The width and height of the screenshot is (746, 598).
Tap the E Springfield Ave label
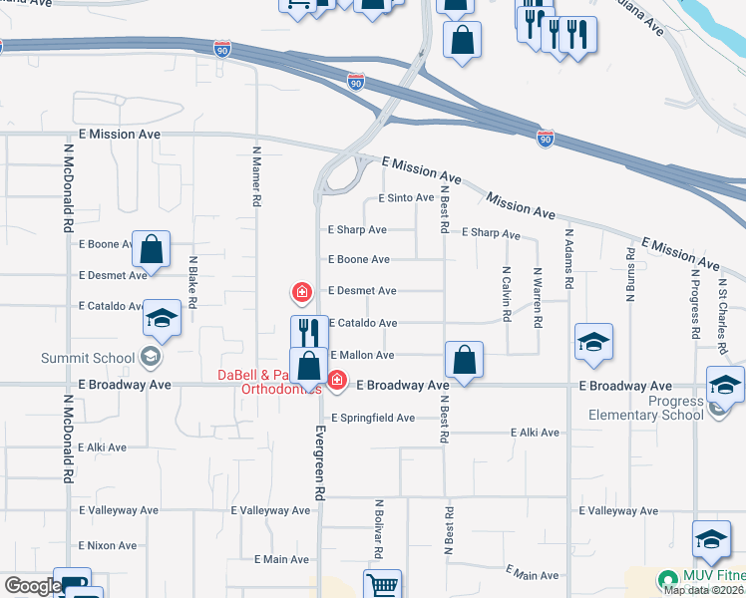coord(373,418)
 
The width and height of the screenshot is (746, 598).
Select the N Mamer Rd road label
coord(256,176)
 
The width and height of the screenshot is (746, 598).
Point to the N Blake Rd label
coord(193,282)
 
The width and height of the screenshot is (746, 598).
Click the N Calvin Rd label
coord(507,293)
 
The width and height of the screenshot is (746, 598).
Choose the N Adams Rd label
coord(568,259)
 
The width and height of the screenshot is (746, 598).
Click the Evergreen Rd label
coord(320,464)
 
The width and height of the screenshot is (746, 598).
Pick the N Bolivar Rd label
coord(380,529)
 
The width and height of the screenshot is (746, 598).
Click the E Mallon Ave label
coord(362,355)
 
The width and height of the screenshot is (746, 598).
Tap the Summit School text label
coord(88,358)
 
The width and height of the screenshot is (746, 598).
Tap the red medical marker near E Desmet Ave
coord(300,291)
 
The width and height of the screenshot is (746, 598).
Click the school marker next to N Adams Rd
coord(593,343)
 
